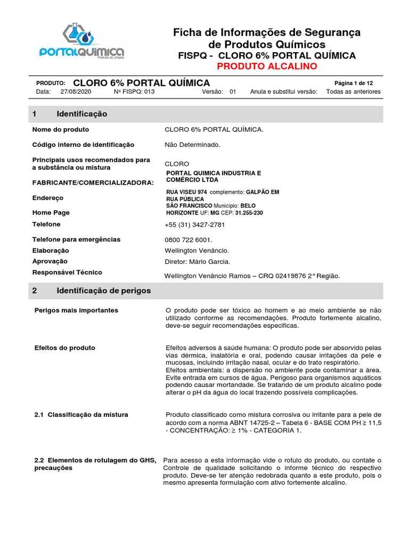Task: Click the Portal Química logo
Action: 82,41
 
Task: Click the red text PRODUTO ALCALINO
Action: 266,66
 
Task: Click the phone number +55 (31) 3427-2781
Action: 195,225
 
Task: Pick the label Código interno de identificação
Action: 83,145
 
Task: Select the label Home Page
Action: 51,212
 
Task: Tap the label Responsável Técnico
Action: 67,272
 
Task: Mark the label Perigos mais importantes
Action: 76,310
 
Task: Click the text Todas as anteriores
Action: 353,92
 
